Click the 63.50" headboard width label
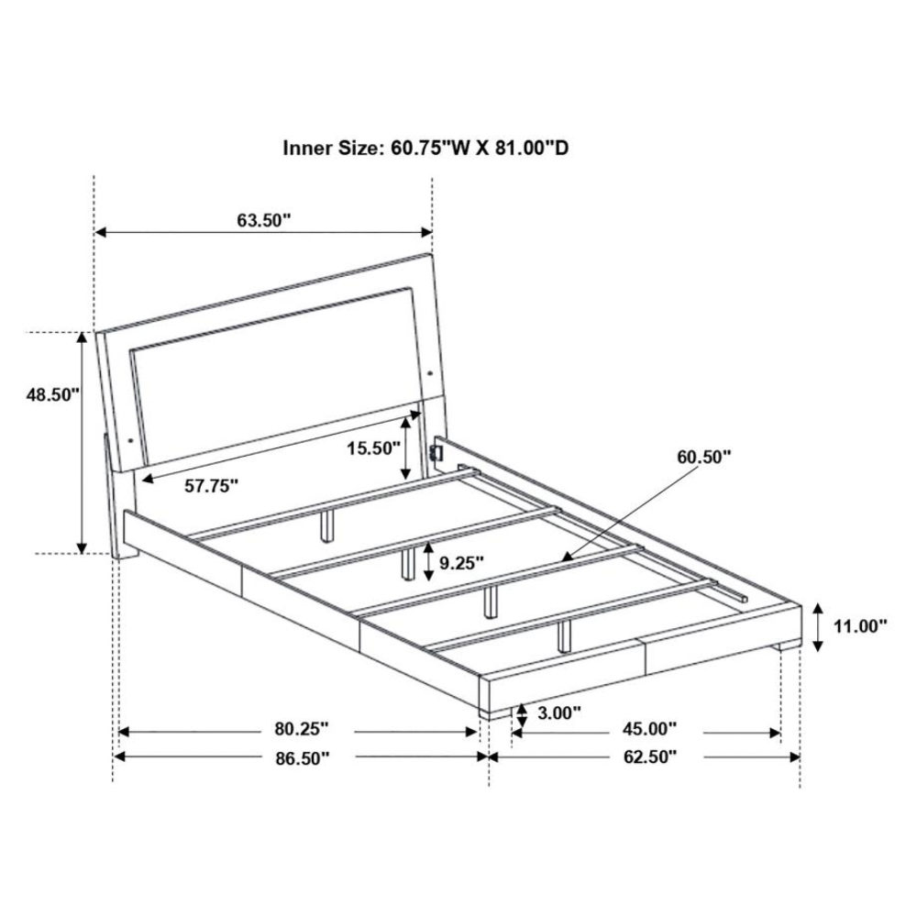click(264, 220)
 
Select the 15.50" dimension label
click(374, 448)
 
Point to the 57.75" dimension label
click(212, 485)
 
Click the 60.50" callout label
click(704, 456)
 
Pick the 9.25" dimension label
click(461, 563)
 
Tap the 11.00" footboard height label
click(860, 626)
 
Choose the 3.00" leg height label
click(559, 713)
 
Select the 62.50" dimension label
click(650, 757)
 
